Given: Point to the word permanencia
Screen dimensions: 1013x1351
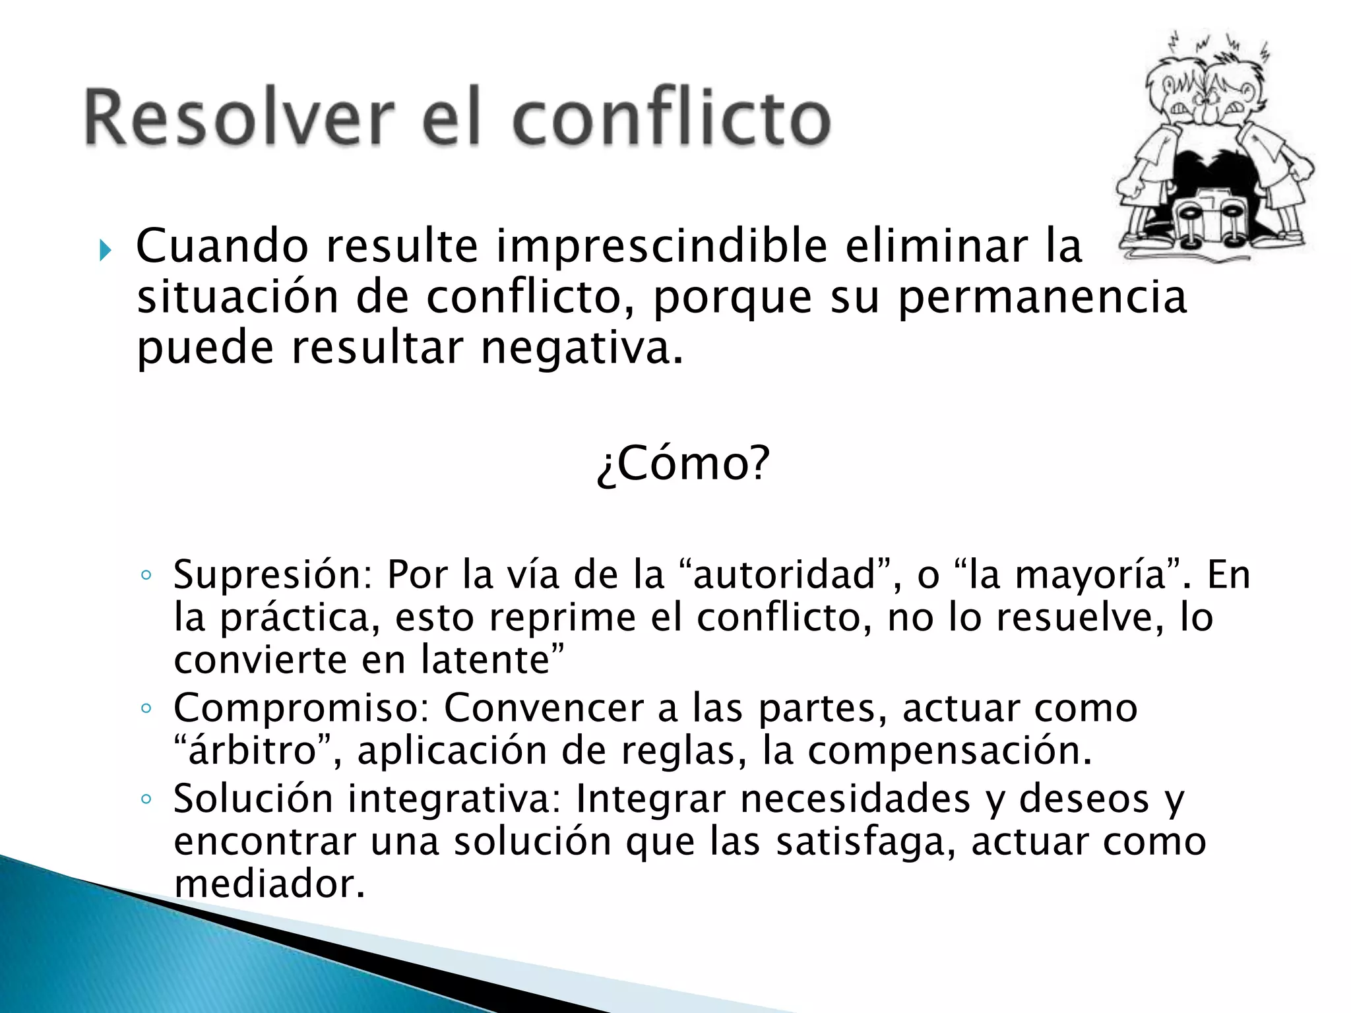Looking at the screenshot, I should tap(1042, 298).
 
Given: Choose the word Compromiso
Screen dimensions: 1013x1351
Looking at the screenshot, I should tap(301, 709).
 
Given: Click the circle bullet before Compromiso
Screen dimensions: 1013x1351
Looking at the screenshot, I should tap(146, 710).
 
